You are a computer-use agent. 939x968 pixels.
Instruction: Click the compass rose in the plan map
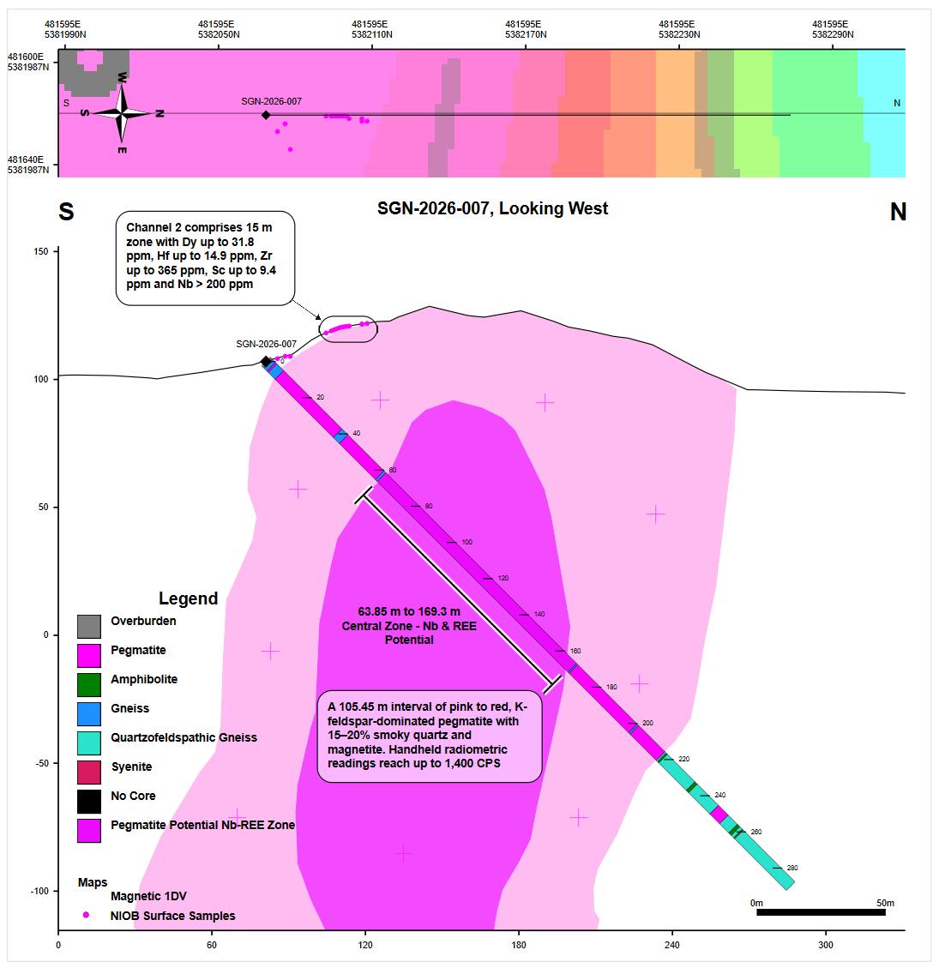pos(122,112)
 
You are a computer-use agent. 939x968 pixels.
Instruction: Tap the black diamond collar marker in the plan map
pos(266,115)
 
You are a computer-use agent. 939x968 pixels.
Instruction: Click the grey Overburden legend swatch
pos(88,626)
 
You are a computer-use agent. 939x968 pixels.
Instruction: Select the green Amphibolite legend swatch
pos(88,684)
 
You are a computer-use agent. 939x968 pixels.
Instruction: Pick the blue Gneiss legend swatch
pos(88,713)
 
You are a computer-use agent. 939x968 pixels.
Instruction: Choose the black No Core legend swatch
pos(88,801)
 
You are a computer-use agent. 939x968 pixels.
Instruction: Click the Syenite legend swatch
pos(88,772)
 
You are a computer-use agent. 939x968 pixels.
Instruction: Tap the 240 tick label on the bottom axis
pos(671,946)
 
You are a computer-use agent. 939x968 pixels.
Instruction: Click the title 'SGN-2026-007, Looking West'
pos(493,208)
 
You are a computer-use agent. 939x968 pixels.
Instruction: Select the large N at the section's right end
pos(898,213)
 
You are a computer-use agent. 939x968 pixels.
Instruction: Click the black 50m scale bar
pos(821,912)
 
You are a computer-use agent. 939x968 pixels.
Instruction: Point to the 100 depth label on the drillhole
pos(466,543)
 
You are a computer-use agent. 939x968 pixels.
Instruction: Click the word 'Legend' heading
pos(188,598)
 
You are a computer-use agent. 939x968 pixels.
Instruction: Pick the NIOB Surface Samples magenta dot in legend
pos(86,915)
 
